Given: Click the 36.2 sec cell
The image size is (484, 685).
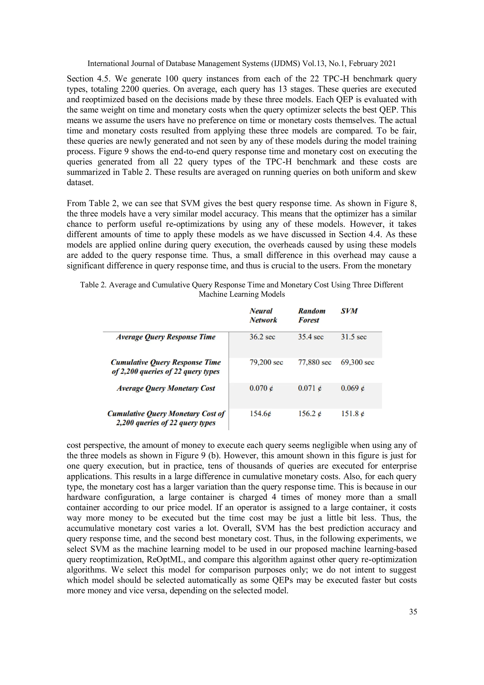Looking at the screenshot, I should (262, 337).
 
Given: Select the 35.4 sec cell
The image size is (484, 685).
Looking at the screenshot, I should (311, 337).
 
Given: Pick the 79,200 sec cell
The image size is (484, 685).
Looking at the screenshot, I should (266, 362).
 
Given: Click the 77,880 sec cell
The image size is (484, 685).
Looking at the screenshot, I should (314, 362).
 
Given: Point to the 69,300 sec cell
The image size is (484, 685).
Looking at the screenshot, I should (357, 362).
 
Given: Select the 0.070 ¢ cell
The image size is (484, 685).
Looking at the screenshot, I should (261, 388).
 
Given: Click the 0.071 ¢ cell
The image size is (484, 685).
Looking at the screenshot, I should (310, 388).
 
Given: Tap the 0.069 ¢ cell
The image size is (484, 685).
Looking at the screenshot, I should (353, 388).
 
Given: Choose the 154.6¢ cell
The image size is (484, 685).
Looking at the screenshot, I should (260, 414).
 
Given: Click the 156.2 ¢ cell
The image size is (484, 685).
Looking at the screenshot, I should (310, 414).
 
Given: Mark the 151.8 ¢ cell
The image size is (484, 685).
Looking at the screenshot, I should (353, 414).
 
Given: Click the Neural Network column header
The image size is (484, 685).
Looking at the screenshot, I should (263, 315).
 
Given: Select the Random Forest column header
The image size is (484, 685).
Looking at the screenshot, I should (311, 315).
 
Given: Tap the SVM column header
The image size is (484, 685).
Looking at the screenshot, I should (349, 311).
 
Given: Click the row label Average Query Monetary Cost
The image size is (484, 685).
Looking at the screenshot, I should (166, 388).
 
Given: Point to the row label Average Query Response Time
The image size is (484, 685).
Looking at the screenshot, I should (166, 337).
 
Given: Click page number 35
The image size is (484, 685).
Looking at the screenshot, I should (413, 612).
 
